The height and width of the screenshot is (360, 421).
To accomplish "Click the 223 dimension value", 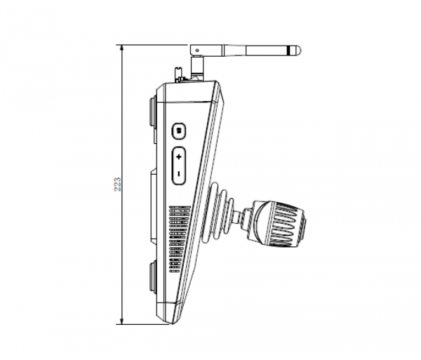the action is (x=118, y=184).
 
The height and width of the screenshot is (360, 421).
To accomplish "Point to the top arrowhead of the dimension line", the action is (x=122, y=48).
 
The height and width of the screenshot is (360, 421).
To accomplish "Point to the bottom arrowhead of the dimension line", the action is (x=122, y=321).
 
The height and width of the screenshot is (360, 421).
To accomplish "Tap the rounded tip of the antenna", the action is (x=298, y=51).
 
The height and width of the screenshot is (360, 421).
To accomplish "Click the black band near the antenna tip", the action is (x=288, y=51).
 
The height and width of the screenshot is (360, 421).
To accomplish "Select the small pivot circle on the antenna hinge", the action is (x=197, y=51).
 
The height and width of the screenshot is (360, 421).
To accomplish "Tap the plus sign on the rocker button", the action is (x=179, y=156).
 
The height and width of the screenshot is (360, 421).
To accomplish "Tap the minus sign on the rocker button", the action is (x=179, y=174).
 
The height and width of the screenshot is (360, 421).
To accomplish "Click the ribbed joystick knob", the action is (x=279, y=223).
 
